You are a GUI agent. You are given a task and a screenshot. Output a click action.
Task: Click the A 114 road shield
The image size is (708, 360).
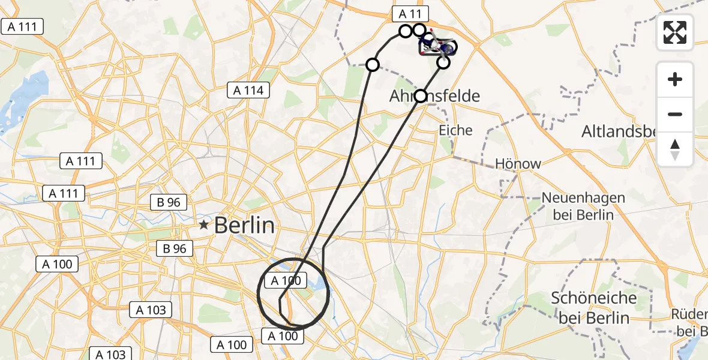coord(249,91)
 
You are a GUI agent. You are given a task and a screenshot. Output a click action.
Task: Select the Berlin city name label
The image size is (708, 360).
coord(244,226)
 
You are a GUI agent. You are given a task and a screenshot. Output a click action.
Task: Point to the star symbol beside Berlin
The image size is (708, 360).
coord(204,226)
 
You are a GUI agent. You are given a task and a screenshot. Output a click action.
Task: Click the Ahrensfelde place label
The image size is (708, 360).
coord(435,96)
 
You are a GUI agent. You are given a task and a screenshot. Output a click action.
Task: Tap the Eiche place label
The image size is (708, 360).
coord(455,130)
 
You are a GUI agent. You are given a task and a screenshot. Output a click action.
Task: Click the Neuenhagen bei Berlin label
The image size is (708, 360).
coord(583,206)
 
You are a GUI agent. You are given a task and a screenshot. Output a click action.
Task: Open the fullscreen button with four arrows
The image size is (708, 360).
coord(676,32)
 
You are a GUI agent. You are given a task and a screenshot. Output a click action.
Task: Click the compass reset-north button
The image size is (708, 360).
coord(676,149)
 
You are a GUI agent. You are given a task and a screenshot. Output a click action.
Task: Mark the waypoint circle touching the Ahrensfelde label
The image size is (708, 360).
coord(421,96)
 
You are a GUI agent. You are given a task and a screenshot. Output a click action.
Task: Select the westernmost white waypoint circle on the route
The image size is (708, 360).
coord(373,64)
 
